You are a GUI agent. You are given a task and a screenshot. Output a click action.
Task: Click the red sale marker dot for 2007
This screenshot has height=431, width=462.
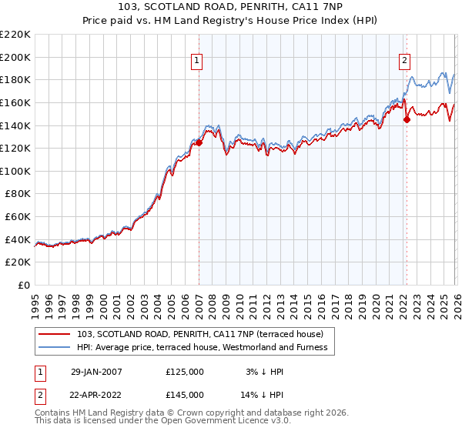click(199, 142)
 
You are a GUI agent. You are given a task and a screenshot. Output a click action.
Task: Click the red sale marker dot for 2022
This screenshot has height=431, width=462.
click(406, 119)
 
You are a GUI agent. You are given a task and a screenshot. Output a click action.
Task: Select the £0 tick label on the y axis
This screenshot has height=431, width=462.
click(24, 286)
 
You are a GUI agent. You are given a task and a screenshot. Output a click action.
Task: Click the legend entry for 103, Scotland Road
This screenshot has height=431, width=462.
click(206, 334)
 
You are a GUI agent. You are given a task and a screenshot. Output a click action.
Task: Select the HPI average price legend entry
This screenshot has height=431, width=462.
click(203, 348)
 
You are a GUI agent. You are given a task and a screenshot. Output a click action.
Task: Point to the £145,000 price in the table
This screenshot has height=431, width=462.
click(184, 394)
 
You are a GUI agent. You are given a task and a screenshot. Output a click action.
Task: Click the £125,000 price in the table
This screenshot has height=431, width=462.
click(184, 372)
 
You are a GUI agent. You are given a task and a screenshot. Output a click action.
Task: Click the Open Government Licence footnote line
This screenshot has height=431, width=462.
click(162, 422)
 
